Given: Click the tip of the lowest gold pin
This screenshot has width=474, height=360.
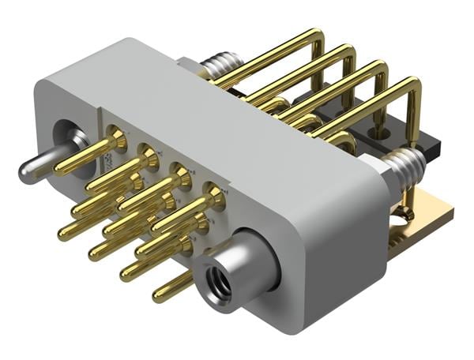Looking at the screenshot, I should point(159,297).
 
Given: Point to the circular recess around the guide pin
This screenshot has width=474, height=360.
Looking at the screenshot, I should point(66,142).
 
